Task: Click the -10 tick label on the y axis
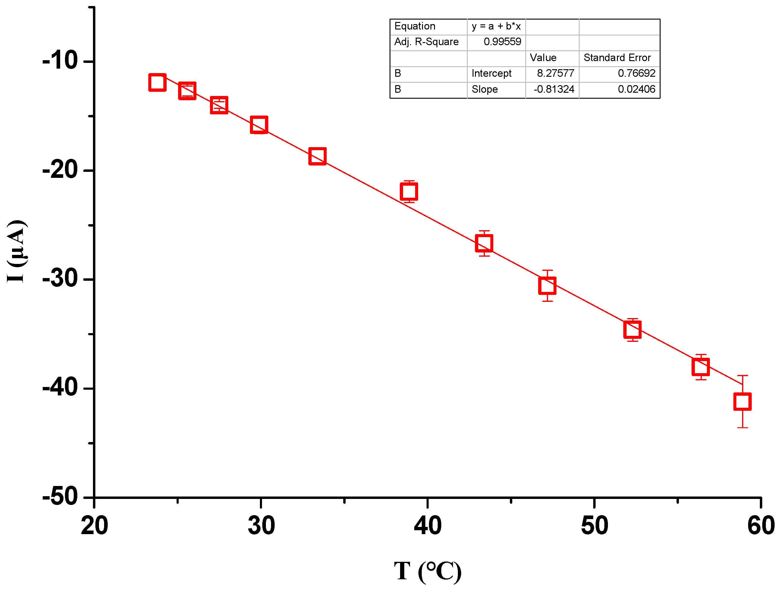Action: coord(60,61)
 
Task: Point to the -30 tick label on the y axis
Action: coord(60,279)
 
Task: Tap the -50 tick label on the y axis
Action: coord(60,497)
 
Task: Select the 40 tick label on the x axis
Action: coord(427,526)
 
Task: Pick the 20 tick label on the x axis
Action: coord(94,526)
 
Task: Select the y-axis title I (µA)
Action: coord(17,251)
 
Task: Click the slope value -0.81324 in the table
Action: coord(553,89)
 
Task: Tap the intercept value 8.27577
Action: coord(555,73)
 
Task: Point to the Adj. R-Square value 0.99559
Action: coord(502,42)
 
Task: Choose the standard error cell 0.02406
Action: coord(636,89)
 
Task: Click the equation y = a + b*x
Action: coord(496,26)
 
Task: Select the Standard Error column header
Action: coord(617,57)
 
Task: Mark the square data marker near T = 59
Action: coord(742,401)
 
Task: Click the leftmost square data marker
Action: coord(157,82)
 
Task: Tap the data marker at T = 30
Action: coord(259,125)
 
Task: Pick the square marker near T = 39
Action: coord(409,192)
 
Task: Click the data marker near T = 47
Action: coord(547,286)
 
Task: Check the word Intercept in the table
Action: coord(491,73)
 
